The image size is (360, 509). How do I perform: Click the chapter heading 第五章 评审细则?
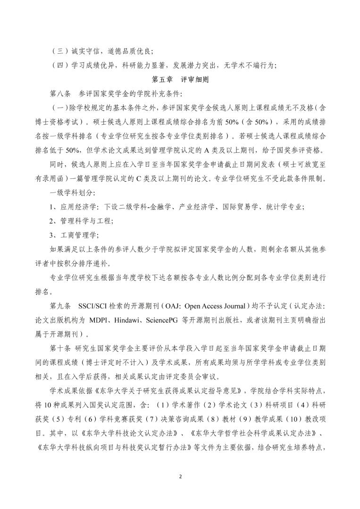click(x=180, y=80)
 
